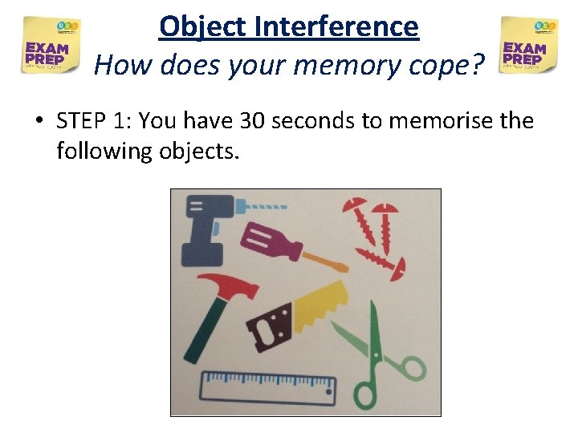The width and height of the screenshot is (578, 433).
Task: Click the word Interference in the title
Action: click(x=336, y=26)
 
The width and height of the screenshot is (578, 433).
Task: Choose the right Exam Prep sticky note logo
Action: click(x=528, y=45)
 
